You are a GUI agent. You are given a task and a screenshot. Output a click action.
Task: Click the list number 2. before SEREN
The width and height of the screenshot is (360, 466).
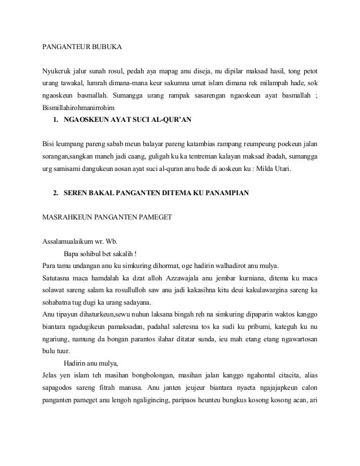coord(56,195)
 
